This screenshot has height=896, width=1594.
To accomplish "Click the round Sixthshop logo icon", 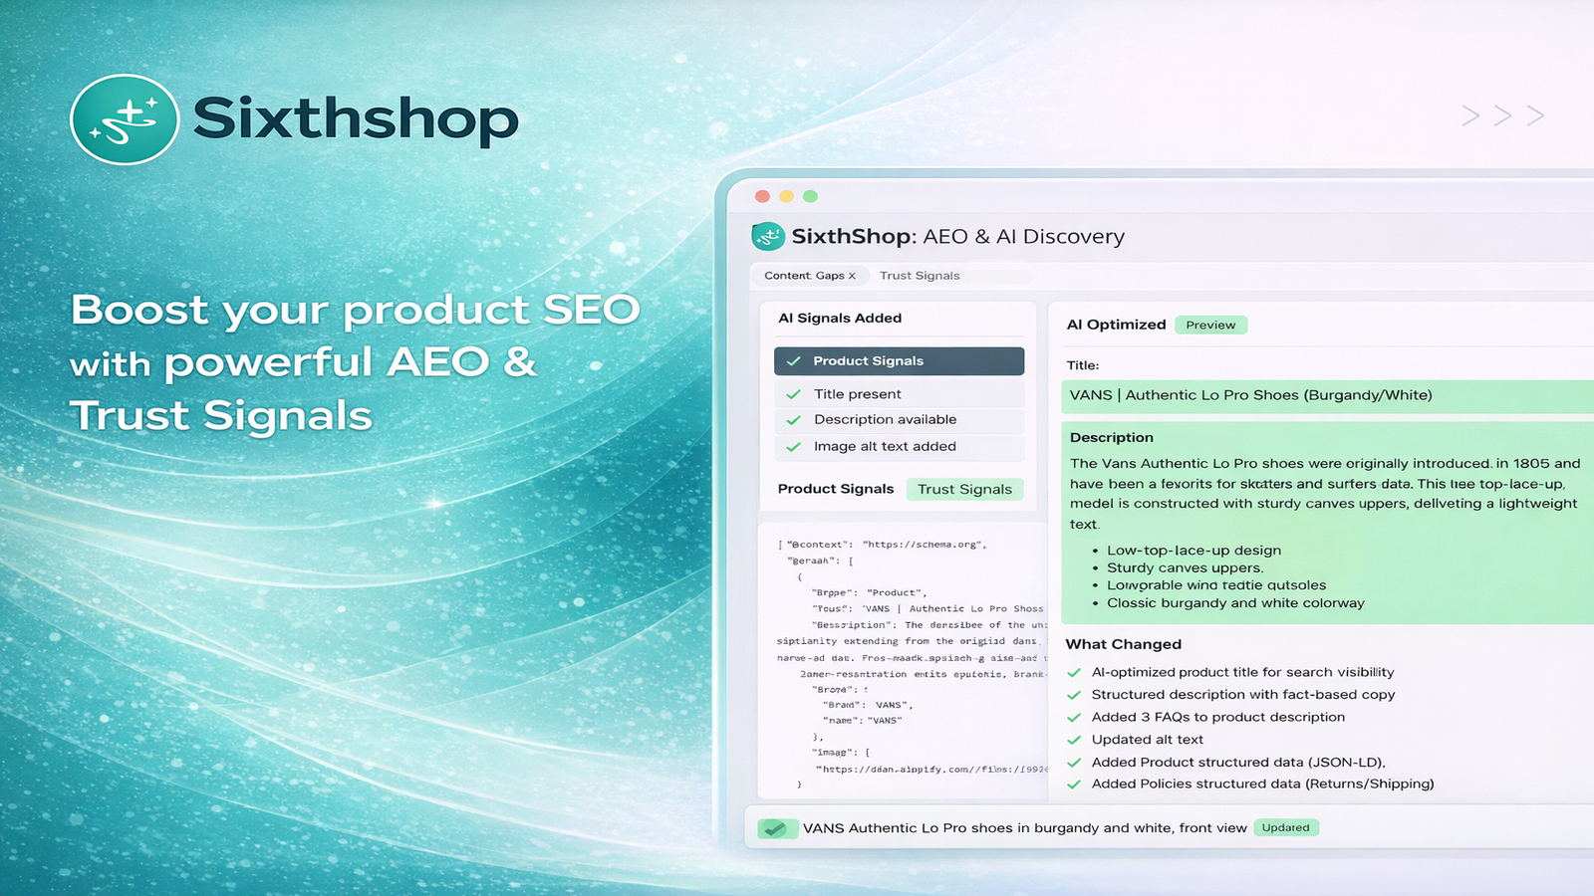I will point(125,119).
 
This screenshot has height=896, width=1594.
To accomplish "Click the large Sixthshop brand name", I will point(356,119).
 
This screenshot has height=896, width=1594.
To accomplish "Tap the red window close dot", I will point(762,196).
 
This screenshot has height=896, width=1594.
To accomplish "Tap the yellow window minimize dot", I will point(786,196).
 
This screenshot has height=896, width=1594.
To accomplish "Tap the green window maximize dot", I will point(810,196).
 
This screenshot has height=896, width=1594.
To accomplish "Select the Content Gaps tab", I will point(809,276).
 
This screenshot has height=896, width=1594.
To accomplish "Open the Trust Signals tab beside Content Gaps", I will point(920,276).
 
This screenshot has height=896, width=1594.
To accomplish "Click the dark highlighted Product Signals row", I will point(899,361).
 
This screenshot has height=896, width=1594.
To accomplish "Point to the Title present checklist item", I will point(857,394).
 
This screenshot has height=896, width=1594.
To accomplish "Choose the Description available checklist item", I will point(885,420).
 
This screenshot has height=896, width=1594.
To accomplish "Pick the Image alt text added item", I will point(885,446).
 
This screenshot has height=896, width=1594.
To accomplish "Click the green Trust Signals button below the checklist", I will point(964,489).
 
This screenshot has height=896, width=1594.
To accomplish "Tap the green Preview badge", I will point(1210,325).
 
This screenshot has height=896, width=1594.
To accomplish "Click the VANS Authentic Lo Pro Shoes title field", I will point(1250,395).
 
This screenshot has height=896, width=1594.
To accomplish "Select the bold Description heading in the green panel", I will point(1112,437).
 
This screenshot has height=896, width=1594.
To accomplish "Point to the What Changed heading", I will point(1124,644).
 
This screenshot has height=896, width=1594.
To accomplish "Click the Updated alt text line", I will point(1147,740).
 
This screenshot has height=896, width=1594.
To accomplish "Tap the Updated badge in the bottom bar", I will point(1285,827).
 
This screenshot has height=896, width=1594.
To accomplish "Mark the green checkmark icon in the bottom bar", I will point(775,828).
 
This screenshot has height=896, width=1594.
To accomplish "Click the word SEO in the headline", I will point(591,310).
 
